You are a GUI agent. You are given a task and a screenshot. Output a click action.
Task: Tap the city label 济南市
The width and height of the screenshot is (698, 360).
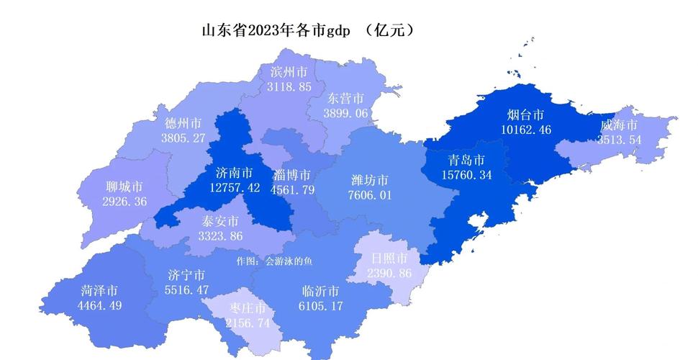tap(234, 173)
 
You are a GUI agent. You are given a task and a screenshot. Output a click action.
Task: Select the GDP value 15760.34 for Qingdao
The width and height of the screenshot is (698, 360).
tap(466, 175)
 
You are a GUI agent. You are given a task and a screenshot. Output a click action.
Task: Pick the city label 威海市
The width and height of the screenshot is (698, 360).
tap(619, 125)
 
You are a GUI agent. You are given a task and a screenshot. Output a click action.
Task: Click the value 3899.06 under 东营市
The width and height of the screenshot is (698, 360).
tap(345, 114)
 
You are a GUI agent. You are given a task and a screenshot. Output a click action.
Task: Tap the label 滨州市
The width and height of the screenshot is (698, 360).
tap(289, 72)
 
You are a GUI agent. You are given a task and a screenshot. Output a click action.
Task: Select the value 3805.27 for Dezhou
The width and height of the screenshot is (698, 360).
tap(183, 138)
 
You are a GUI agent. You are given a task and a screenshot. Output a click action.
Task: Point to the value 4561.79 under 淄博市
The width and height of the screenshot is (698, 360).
tap(292, 190)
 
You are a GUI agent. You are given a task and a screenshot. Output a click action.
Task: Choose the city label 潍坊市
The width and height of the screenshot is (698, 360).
tap(370, 180)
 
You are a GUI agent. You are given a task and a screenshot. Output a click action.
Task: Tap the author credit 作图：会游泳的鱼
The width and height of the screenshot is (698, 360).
tap(274, 261)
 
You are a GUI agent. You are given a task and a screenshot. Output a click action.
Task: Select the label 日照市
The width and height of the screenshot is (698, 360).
tap(389, 258)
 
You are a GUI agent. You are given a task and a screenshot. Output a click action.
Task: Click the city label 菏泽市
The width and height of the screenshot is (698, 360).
tap(99, 290)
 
